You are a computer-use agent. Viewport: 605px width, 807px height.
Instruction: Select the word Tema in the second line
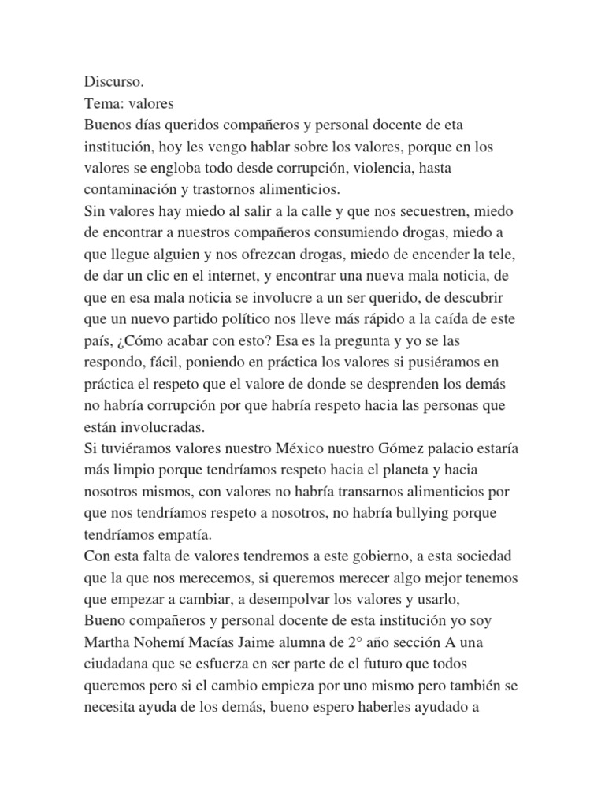pos(101,102)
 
